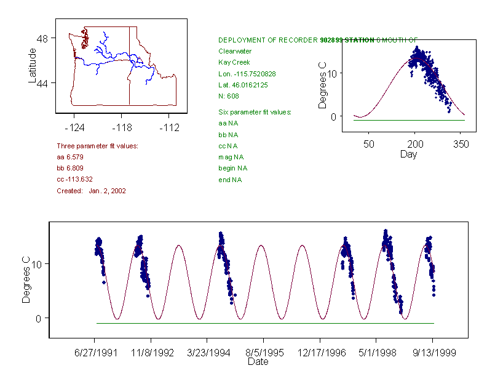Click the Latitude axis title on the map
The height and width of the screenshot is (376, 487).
click(x=33, y=65)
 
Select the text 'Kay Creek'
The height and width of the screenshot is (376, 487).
click(x=233, y=62)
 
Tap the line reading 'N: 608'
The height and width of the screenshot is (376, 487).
click(x=229, y=96)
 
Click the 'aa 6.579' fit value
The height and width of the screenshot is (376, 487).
click(x=70, y=157)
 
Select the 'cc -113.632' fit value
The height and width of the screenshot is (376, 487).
click(x=74, y=179)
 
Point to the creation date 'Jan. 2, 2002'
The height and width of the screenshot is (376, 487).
click(x=107, y=191)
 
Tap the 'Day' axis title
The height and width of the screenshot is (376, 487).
click(x=408, y=154)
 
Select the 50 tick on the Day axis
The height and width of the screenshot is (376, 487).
click(x=368, y=145)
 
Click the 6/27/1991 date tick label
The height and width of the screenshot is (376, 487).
click(x=94, y=353)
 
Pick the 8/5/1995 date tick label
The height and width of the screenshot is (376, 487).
click(x=264, y=353)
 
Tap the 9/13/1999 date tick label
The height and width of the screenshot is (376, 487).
click(x=432, y=353)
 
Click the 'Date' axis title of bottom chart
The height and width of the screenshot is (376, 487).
click(x=258, y=362)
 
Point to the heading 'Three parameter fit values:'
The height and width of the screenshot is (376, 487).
click(x=97, y=146)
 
